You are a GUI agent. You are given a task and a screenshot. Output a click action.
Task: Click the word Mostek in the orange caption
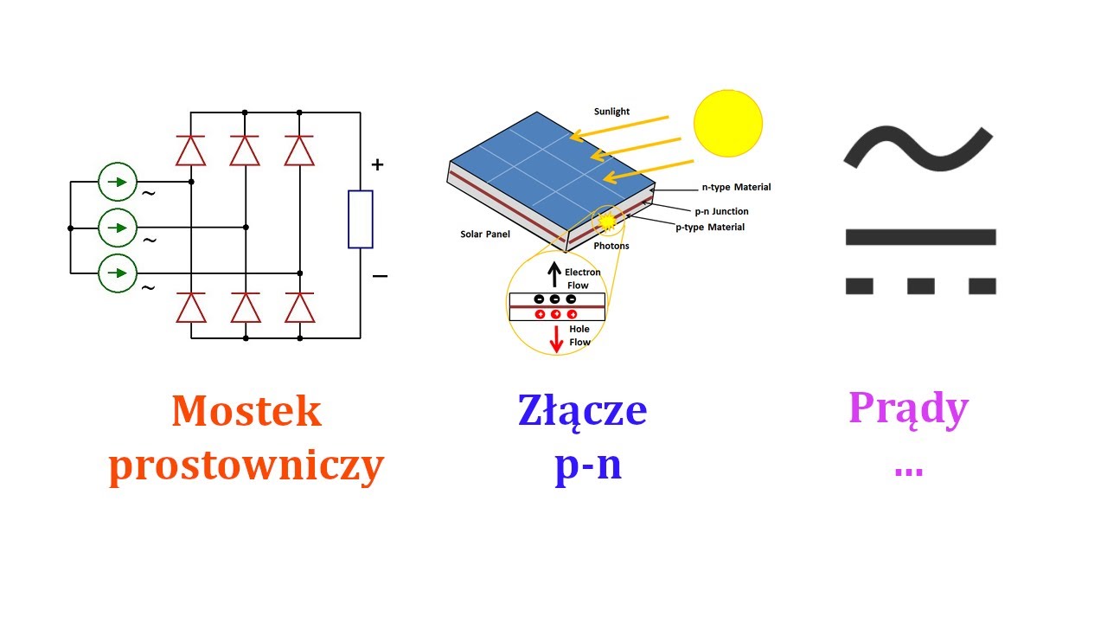coord(246,412)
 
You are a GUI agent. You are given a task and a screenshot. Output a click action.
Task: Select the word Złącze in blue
coord(582,411)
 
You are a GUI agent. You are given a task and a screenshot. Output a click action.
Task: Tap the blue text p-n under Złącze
coord(588,466)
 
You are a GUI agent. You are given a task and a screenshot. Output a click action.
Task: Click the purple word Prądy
coord(908,408)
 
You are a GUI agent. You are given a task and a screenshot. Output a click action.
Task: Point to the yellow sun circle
coord(728,122)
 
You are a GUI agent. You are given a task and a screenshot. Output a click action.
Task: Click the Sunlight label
coord(611,112)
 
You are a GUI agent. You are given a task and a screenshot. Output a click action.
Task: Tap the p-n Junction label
coord(721,211)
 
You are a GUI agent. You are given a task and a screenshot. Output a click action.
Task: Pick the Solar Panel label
coord(485,234)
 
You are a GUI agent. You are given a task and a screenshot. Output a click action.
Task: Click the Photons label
coord(611,247)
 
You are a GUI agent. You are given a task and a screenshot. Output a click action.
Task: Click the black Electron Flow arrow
coord(554,276)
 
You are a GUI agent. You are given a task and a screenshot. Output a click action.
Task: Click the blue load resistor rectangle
coord(361,220)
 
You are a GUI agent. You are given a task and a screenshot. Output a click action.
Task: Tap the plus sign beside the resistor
coord(377,164)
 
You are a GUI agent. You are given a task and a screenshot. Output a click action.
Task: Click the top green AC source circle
coord(118,182)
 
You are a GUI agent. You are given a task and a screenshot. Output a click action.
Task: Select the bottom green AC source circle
coord(118,273)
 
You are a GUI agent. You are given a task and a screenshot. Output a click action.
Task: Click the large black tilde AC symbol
coord(918,146)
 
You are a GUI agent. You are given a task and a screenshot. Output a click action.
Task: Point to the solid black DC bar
coord(920,237)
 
